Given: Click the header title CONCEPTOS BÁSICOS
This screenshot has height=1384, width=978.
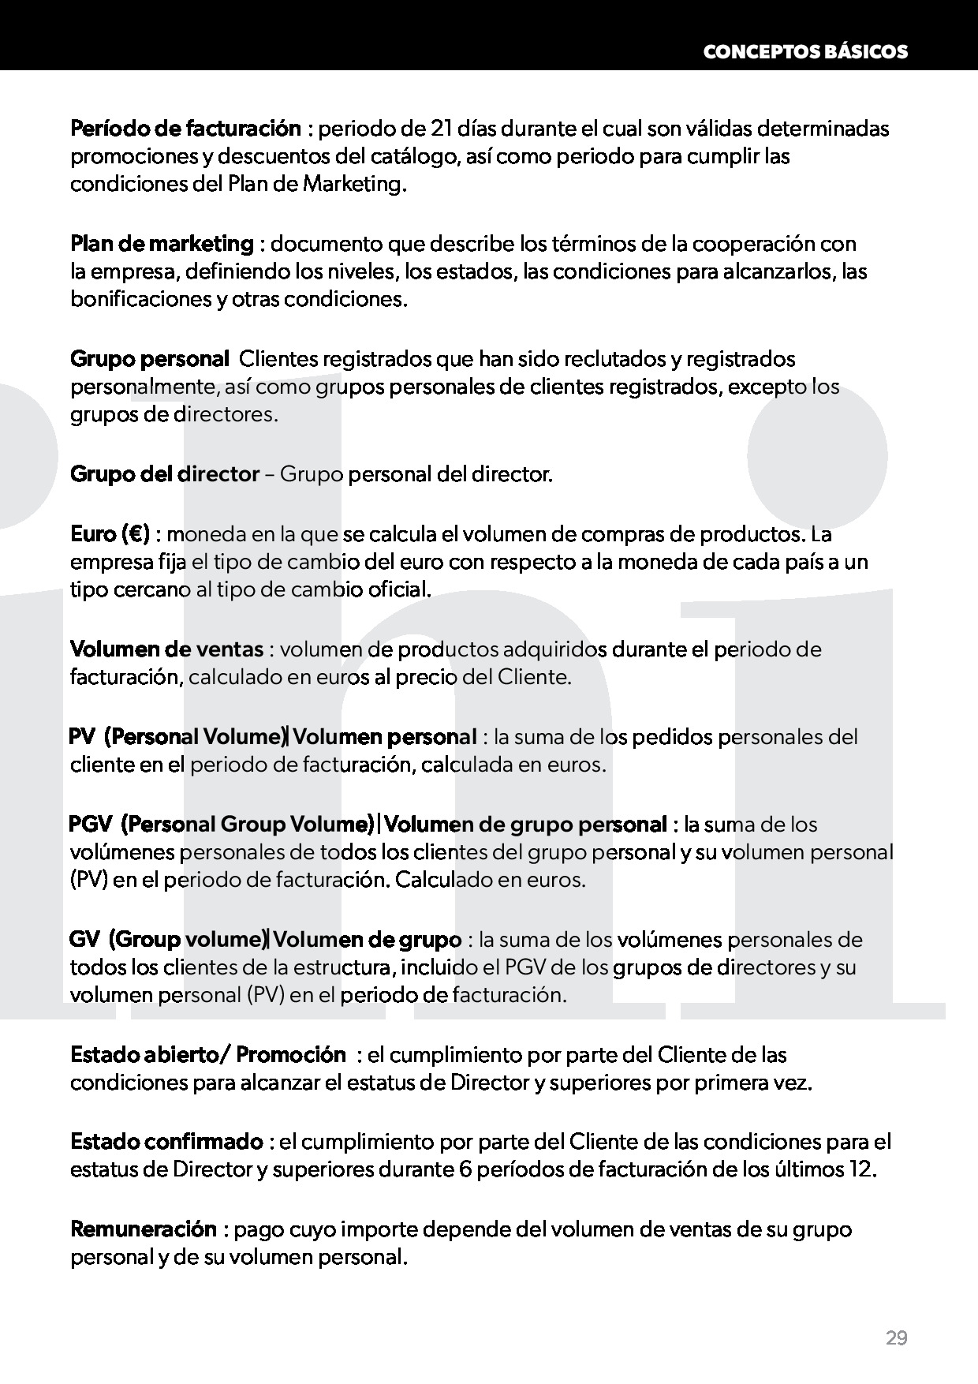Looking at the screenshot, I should tap(804, 52).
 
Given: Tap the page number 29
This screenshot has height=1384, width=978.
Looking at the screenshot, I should tap(896, 1338).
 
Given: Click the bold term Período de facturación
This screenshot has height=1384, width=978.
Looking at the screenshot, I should tap(185, 128).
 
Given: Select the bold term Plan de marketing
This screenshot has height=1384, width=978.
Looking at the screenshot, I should tap(162, 244).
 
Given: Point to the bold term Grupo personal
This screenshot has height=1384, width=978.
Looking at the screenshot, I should tap(150, 359).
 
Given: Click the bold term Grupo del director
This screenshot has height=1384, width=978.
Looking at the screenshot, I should tap(165, 474).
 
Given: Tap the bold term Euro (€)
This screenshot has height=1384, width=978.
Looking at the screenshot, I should tap(110, 534).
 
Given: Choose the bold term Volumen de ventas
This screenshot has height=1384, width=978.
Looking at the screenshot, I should tap(166, 649).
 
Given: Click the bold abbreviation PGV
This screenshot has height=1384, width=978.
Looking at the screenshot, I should tap(91, 825).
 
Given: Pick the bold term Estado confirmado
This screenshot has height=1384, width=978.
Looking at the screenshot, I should tap(166, 1142).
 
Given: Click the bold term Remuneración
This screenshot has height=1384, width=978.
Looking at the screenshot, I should tap(144, 1229).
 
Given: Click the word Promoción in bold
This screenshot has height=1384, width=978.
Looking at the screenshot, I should tap(291, 1055).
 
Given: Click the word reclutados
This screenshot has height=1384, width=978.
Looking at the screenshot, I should tap(607, 359).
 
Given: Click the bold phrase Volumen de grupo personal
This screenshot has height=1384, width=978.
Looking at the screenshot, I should tap(526, 825).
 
